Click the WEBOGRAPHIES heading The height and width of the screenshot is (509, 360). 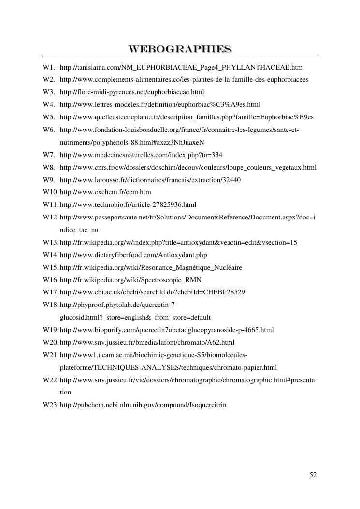click(180, 49)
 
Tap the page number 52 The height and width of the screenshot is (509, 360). click(313, 475)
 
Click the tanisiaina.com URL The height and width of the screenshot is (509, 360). click(181, 67)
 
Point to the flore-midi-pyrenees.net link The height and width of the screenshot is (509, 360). click(132, 92)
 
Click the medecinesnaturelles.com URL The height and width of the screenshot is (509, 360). click(141, 155)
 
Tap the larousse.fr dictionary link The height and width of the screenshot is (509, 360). click(150, 180)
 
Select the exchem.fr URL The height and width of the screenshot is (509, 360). click(105, 192)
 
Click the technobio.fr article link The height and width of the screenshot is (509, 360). click(128, 204)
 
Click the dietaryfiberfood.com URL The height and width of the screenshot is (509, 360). click(133, 255)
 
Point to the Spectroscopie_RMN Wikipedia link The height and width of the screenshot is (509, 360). click(130, 280)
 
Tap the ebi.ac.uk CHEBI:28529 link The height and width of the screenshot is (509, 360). click(152, 292)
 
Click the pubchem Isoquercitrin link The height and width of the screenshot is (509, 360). click(143, 405)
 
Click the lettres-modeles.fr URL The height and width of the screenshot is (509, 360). click(160, 104)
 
